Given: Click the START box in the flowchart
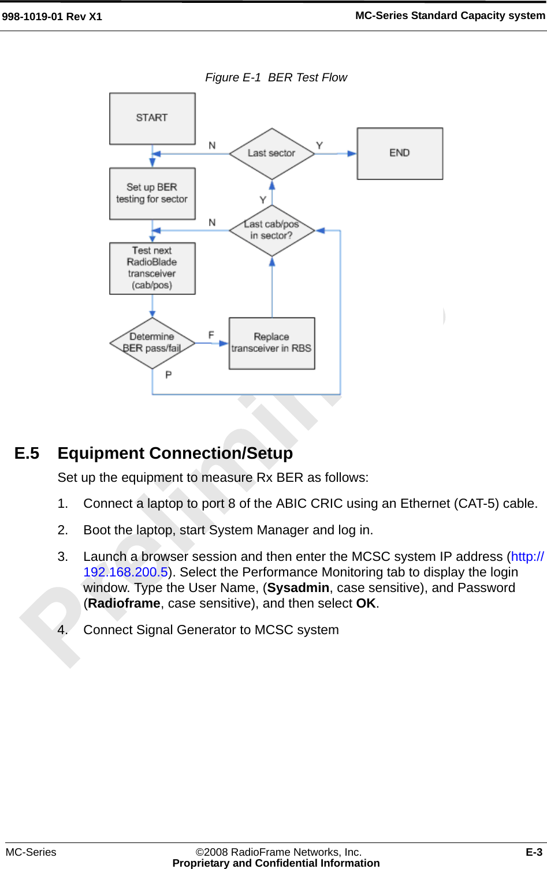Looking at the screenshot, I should tap(152, 118).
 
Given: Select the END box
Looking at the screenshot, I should tap(400, 153).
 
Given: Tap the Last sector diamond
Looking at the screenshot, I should tap(271, 153).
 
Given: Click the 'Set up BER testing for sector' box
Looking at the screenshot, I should tap(152, 193).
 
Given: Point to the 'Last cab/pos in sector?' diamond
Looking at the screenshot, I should tap(271, 230).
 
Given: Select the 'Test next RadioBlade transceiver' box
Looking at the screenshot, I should tap(152, 268).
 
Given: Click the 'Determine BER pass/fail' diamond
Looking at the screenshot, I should tap(152, 343).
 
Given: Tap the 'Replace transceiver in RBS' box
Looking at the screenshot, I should tap(271, 343).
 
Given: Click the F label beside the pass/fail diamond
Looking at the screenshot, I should tap(211, 335).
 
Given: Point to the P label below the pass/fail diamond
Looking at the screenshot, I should tap(169, 375).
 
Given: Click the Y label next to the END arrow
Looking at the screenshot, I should tap(319, 145).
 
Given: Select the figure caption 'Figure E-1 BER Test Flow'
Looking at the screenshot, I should tap(276, 77).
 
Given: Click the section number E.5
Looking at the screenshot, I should tap(27, 454).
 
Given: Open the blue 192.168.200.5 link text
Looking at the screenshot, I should tap(125, 572).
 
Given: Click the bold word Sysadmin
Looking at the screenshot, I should tap(298, 588).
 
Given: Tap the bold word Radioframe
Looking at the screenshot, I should tap(124, 604).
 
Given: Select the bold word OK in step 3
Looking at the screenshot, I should tap(366, 604).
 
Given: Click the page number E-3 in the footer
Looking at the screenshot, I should tap(534, 852).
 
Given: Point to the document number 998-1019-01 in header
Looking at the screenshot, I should tap(33, 17).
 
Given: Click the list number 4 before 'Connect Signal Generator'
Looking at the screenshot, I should tap(62, 630).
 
